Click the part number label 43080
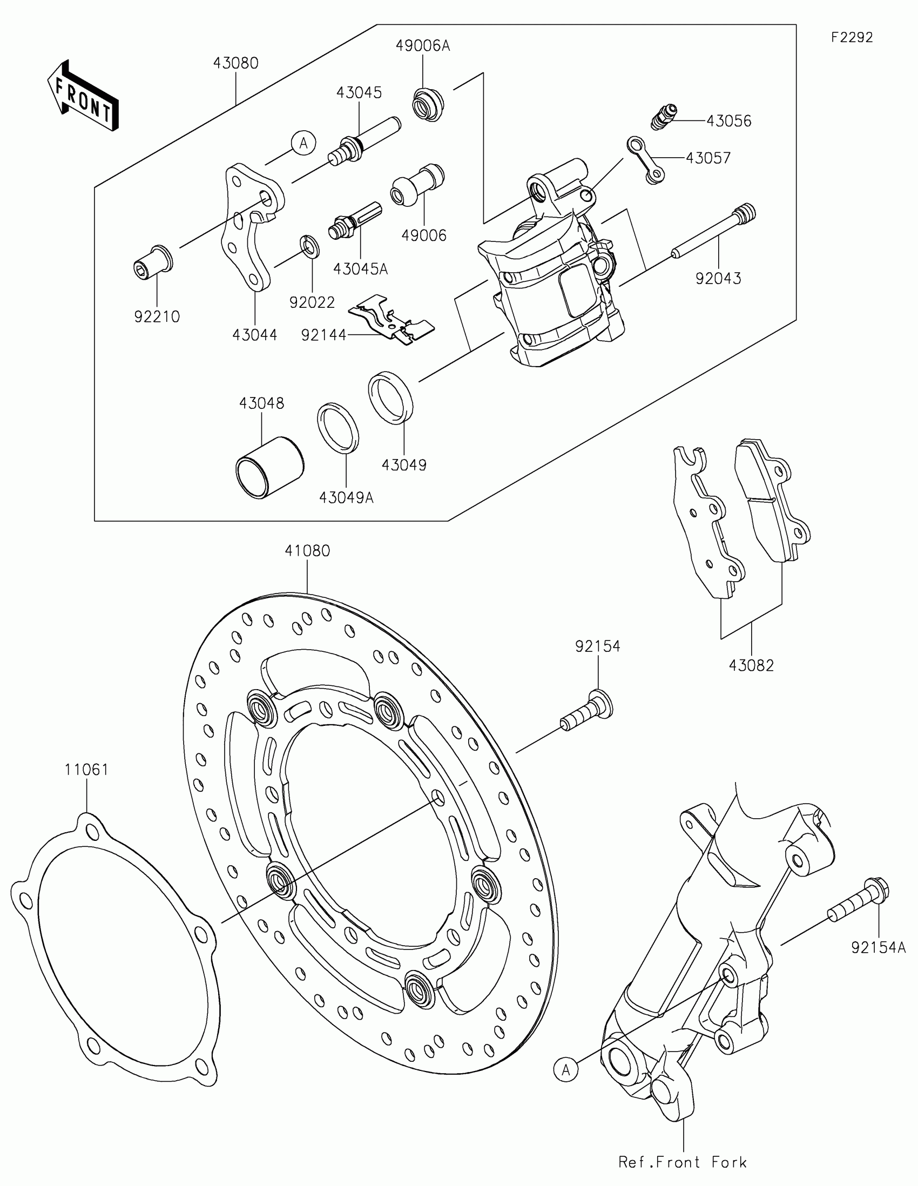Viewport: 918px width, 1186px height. pyautogui.click(x=235, y=64)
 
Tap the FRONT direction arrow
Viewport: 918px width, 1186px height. pyautogui.click(x=83, y=97)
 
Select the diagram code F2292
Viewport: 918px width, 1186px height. pyautogui.click(x=852, y=37)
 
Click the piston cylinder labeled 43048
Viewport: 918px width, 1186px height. pyautogui.click(x=269, y=466)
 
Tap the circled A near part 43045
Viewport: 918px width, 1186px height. pyautogui.click(x=303, y=143)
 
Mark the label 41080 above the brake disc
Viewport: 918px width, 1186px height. pyautogui.click(x=307, y=551)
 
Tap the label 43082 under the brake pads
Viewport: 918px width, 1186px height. pyautogui.click(x=751, y=665)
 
